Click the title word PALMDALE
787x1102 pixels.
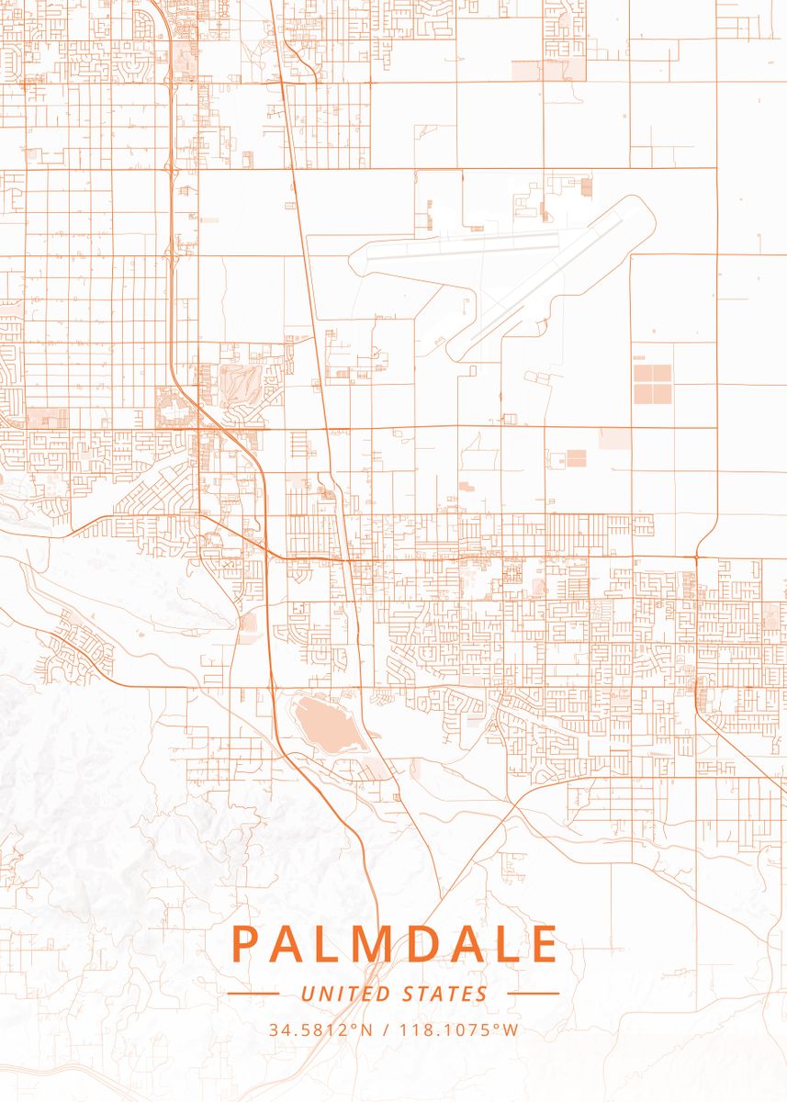(x=394, y=944)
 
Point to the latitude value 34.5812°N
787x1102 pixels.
(x=320, y=1029)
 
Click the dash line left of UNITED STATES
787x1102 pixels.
(x=253, y=994)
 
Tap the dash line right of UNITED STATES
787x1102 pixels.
(x=533, y=994)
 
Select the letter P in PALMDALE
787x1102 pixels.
(x=245, y=944)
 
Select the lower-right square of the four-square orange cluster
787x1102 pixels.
(x=664, y=394)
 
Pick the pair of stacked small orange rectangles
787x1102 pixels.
(x=575, y=457)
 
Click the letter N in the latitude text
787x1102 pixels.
(x=366, y=1029)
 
